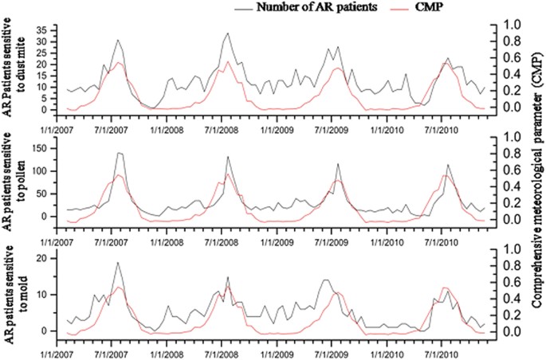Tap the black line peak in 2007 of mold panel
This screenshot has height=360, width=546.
118,263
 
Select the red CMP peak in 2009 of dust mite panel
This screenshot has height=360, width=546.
338,68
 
